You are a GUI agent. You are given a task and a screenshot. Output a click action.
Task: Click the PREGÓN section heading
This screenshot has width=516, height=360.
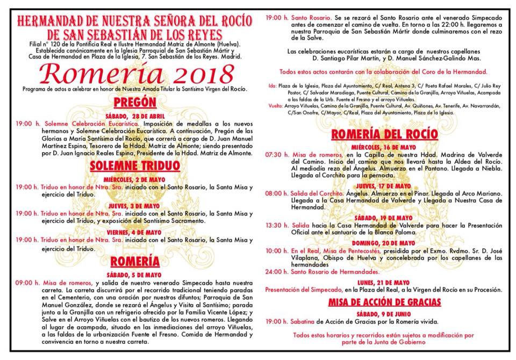click(135, 102)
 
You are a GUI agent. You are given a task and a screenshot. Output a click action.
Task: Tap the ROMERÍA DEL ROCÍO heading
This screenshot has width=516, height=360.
click(384, 134)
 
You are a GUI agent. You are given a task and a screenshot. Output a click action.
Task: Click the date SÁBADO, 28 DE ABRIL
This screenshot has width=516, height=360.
click(135, 116)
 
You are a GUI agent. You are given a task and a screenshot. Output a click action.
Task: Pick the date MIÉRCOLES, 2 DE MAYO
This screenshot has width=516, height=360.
click(135, 179)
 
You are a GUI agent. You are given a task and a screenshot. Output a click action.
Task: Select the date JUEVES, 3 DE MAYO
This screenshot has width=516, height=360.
click(135, 205)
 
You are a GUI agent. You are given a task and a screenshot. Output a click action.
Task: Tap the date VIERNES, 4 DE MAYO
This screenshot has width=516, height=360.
click(135, 231)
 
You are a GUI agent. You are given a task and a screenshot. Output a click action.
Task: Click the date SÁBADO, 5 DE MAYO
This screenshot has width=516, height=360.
click(135, 274)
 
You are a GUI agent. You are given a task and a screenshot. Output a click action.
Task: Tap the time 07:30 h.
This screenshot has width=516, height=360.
click(276, 154)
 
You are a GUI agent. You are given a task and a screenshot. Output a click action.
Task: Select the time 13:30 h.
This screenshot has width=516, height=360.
click(276, 226)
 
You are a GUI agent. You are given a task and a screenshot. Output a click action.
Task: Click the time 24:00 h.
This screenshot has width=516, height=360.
click(276, 272)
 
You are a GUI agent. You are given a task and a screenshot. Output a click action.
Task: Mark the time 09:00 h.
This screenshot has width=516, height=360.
click(25, 283)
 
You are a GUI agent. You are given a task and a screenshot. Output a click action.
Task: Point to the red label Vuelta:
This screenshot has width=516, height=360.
click(275, 106)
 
